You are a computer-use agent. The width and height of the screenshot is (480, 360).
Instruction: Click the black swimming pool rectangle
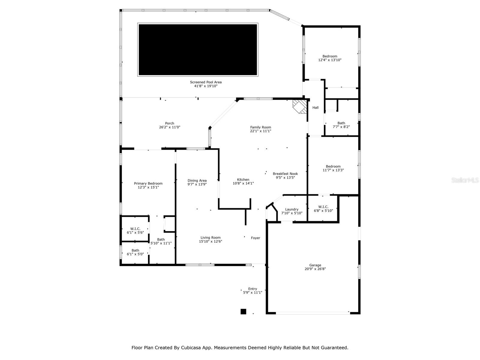pos(198,49)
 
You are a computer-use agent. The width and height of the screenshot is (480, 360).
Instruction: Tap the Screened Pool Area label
pos(205,82)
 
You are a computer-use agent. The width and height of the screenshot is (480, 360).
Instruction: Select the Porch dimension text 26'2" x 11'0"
pos(169,127)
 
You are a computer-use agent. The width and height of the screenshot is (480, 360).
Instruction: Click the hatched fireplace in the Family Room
pos(300,107)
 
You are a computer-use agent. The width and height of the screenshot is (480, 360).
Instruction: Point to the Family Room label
pos(260,127)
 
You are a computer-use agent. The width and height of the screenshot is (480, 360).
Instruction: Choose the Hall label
pos(315,107)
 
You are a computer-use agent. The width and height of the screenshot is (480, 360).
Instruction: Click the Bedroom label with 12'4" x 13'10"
pos(330,56)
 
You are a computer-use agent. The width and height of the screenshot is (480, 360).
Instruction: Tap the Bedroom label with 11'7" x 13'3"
pos(333,166)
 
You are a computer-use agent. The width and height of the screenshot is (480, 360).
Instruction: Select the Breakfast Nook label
pos(285,174)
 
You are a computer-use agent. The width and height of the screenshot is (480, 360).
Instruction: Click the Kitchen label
pos(243,180)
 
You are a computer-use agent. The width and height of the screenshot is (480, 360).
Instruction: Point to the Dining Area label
pos(197,181)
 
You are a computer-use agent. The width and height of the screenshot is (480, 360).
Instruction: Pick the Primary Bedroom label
pos(148,184)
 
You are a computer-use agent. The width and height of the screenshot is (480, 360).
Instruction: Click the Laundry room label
pos(292,209)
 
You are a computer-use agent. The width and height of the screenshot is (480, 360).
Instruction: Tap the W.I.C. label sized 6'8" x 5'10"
pos(323,207)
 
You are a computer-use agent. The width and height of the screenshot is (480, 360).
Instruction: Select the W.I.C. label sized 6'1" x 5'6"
pos(135,229)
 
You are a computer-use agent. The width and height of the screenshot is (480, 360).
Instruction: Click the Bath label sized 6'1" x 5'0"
pos(135,250)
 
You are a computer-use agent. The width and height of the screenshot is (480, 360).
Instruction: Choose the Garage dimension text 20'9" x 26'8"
pos(315,269)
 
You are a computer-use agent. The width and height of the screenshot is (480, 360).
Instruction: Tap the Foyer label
pos(255,238)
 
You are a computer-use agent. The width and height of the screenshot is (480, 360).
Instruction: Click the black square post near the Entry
pos(243,311)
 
